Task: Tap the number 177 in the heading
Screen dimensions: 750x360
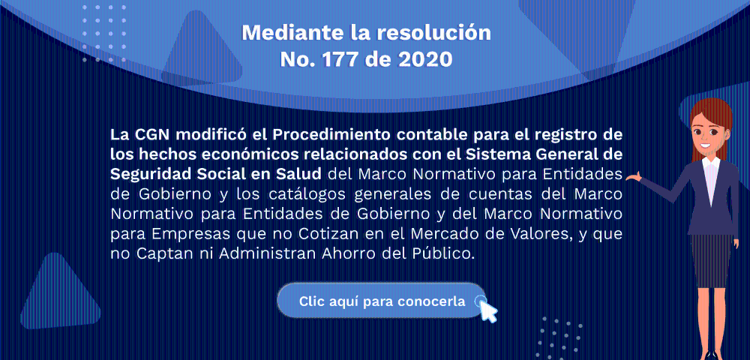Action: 341,59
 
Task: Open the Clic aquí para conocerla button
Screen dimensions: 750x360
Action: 382,301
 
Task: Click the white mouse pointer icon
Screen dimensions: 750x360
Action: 487,310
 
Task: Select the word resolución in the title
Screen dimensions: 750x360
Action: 434,32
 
